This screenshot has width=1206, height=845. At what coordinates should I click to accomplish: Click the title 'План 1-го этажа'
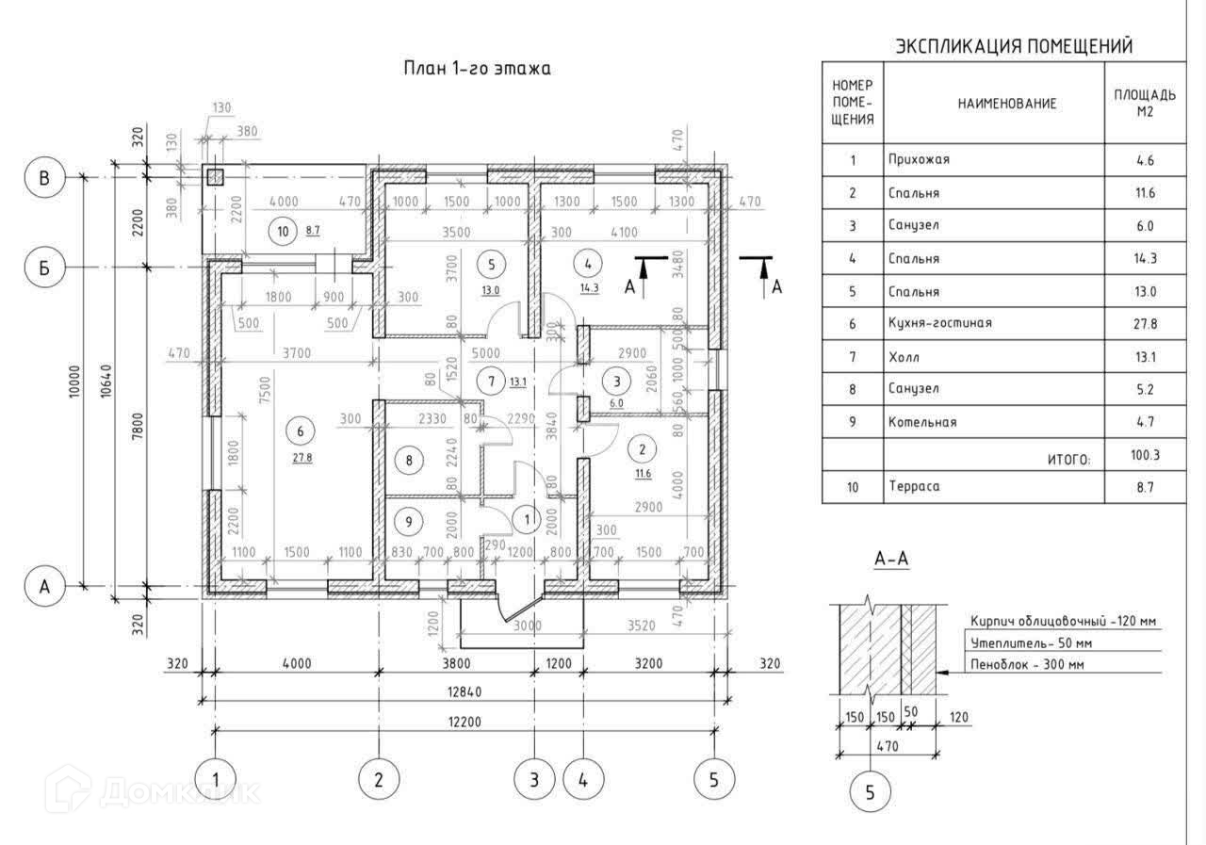pos(477,68)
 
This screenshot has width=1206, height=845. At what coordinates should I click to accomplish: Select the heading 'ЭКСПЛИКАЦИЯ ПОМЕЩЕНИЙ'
pos(1014,46)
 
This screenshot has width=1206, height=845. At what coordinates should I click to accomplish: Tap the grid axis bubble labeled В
pos(44,177)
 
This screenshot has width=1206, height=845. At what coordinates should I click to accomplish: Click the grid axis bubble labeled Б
pos(44,268)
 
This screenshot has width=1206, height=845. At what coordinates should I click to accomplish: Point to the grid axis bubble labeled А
pos(44,586)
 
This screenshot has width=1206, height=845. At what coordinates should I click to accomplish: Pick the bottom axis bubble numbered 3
pos(533,779)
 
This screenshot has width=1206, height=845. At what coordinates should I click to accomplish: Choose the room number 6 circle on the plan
pos(301,431)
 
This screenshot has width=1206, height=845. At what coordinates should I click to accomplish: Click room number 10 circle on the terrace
pos(282,229)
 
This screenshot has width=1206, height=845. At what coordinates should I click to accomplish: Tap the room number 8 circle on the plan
pos(409,461)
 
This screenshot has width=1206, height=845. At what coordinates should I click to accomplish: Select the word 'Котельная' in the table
pos(921,422)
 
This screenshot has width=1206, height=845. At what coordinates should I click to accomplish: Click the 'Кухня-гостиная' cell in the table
pos(939,323)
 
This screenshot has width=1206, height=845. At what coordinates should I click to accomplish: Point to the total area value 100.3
pos(1146,456)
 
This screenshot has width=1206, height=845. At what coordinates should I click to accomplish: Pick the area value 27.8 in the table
pos(1146,323)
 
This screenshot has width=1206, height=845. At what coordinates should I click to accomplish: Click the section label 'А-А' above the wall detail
pos(891,560)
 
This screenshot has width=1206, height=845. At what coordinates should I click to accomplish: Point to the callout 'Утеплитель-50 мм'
pos(1032,642)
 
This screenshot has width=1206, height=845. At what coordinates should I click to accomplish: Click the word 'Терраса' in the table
pos(914,487)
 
